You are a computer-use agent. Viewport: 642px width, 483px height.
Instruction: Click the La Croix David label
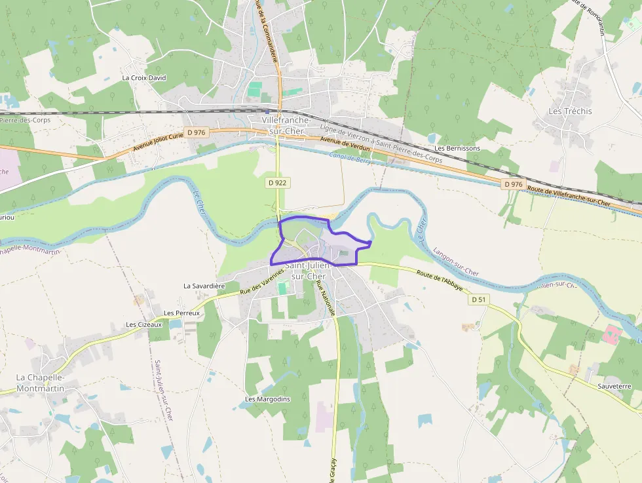pos(144,77)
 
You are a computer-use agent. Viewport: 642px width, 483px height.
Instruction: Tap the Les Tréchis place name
pos(569,111)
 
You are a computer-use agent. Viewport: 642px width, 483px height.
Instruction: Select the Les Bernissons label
pos(457,148)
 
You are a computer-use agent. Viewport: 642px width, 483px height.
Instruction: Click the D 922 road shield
pos(278,183)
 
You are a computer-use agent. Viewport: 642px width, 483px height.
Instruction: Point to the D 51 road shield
pos(479,299)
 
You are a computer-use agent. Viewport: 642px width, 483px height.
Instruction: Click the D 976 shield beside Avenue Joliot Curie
pos(196,132)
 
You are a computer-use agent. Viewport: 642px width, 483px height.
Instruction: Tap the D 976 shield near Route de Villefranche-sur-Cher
pos(514,184)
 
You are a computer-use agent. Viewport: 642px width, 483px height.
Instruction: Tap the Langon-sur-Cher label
pos(456,261)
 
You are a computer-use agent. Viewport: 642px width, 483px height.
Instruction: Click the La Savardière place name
pos(204,286)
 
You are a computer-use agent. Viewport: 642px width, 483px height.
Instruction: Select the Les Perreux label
pos(181,313)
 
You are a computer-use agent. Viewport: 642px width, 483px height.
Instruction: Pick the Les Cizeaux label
pos(143,325)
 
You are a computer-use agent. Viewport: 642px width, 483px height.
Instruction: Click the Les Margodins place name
pos(267,398)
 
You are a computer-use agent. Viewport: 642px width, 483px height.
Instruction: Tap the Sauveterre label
pos(614,387)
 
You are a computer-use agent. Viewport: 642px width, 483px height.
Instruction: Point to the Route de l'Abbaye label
pos(440,279)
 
